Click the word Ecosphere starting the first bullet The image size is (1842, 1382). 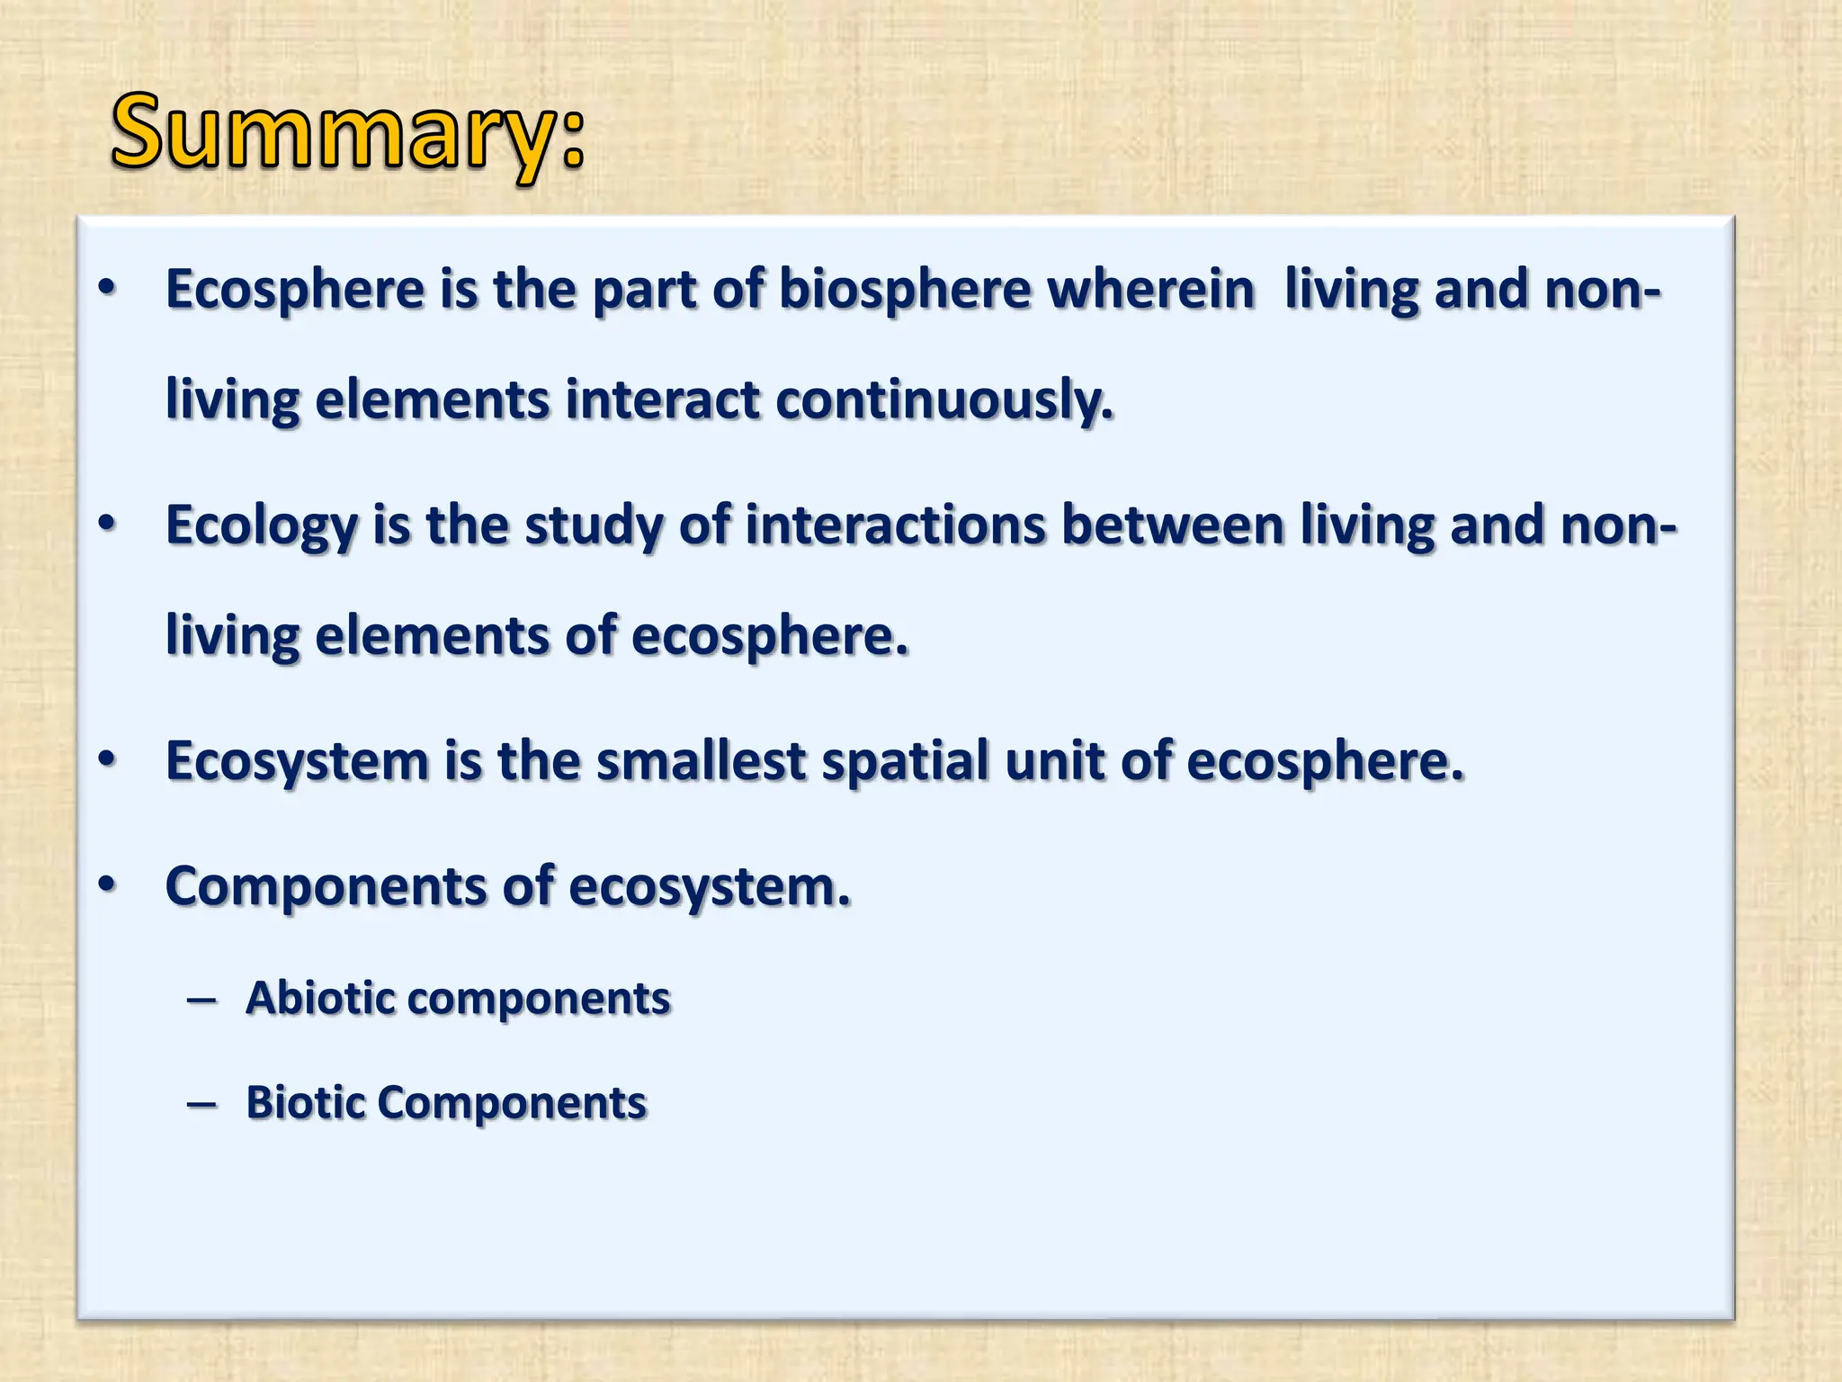click(x=295, y=291)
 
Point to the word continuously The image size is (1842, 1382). click(x=944, y=401)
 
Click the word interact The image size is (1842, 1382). click(x=663, y=401)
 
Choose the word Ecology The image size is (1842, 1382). click(x=262, y=526)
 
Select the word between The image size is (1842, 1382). click(x=1172, y=526)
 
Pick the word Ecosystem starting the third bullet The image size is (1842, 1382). click(x=298, y=762)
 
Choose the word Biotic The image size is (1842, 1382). click(x=304, y=1103)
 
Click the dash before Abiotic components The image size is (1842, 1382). click(x=201, y=1001)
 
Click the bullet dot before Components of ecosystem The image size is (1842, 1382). click(x=107, y=884)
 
